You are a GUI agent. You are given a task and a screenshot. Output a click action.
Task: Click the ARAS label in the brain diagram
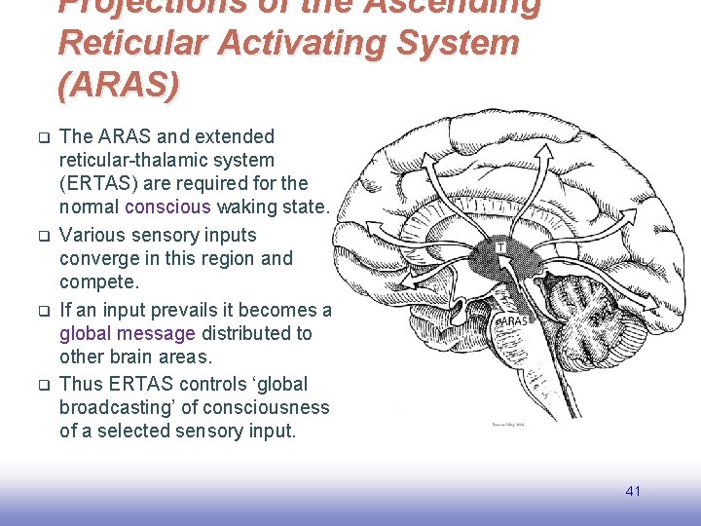pos(513,320)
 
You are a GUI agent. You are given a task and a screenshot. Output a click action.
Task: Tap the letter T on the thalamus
pos(502,249)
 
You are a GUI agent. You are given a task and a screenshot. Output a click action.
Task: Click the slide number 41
pos(633,491)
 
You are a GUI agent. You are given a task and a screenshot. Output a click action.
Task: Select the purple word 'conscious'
pos(167,207)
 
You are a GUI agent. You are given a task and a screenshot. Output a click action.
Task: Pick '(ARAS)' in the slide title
pos(119,86)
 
